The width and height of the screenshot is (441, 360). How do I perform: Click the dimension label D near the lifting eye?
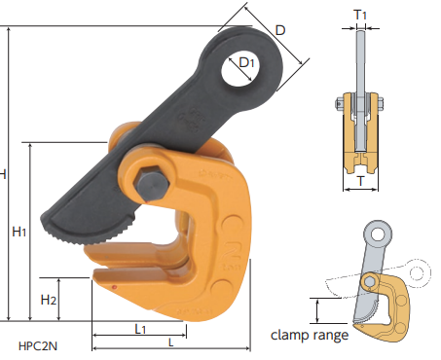tap(280, 30)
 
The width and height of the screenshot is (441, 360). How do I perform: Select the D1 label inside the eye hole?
tap(246, 62)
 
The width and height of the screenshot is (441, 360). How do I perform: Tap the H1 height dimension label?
tap(18, 232)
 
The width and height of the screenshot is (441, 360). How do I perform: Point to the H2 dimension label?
tap(49, 300)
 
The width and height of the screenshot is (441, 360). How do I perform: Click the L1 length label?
tap(140, 329)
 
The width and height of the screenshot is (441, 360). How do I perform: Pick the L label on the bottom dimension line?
tap(171, 342)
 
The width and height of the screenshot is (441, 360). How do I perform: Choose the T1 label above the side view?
tap(360, 15)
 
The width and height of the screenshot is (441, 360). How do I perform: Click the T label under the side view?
tap(360, 181)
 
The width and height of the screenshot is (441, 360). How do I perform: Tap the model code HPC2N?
tap(38, 346)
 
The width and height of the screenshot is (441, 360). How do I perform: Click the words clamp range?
tap(310, 335)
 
